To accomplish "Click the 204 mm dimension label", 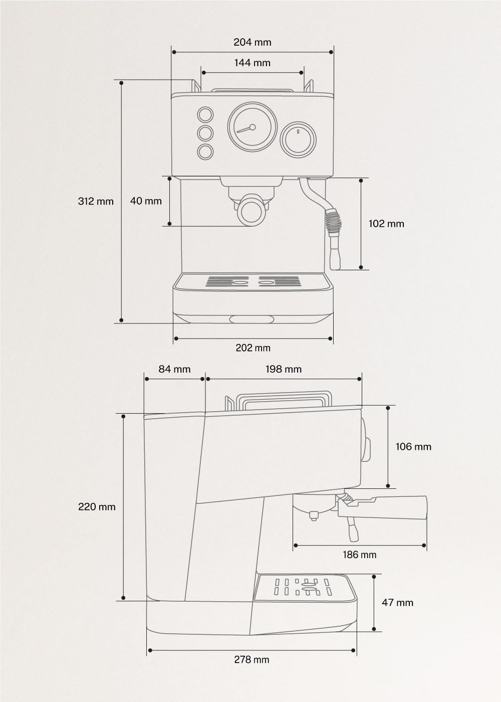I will [252, 42].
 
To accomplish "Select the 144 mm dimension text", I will [252, 63].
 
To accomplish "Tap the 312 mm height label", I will [96, 202].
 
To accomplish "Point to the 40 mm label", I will [146, 201].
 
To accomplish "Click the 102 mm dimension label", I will [386, 224].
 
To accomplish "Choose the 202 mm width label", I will [253, 347].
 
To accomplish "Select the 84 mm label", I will [174, 369].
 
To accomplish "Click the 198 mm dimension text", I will [284, 369].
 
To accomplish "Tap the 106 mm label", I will [413, 446].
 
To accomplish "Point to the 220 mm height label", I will [97, 506].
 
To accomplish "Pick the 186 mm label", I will [360, 555].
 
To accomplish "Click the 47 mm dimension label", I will [397, 602].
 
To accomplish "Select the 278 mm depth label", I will [252, 659].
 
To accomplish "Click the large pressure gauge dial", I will [252, 127].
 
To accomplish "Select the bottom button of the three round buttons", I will [205, 151].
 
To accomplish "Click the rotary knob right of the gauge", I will [298, 139].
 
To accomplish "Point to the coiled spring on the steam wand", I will [334, 221].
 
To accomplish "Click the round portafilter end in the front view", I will [252, 211].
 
